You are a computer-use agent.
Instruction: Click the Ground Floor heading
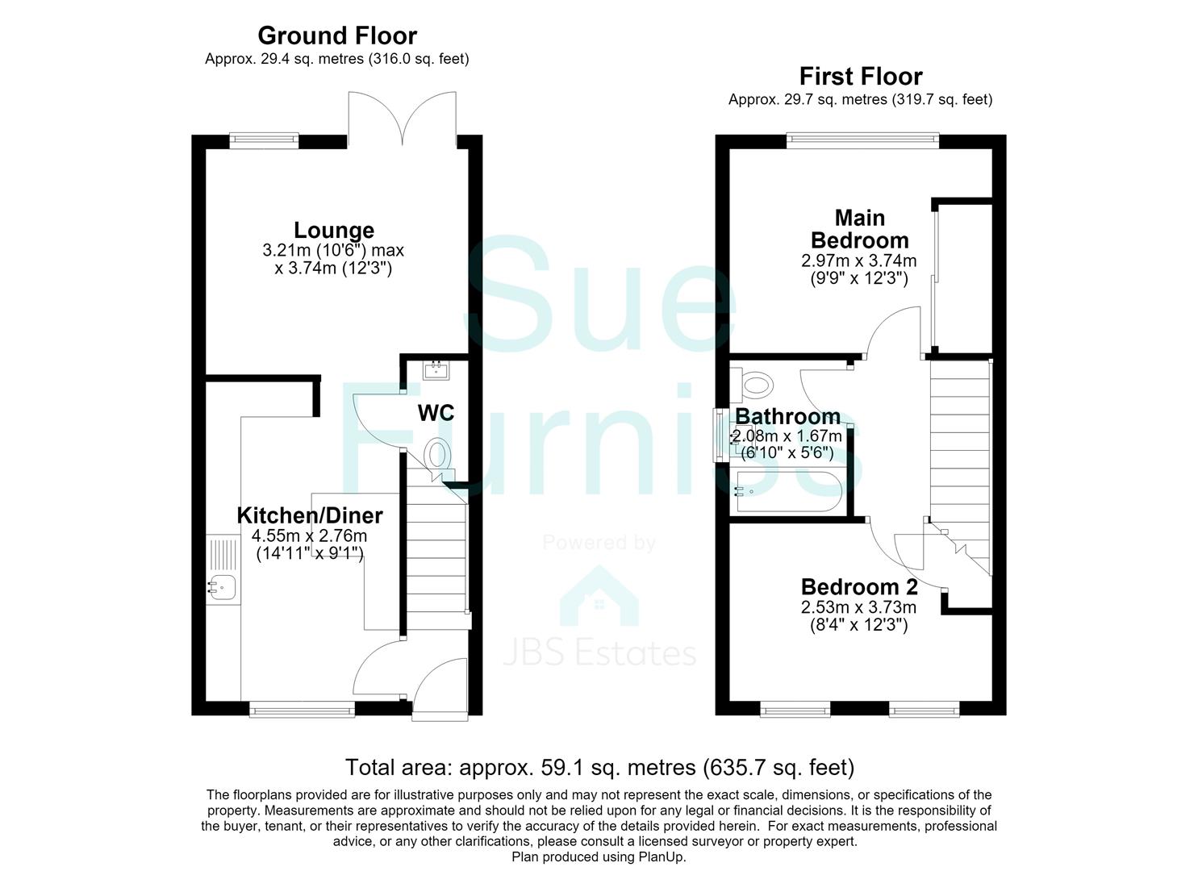point(337,36)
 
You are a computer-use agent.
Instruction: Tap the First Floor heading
point(861,77)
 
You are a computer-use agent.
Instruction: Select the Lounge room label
point(334,231)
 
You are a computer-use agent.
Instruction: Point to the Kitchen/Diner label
point(310,515)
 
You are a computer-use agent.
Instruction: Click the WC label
point(436,413)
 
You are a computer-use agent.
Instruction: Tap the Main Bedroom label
point(860,229)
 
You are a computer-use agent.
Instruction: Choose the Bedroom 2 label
point(859,587)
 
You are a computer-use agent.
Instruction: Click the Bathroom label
point(788,416)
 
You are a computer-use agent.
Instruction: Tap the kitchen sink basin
point(223,588)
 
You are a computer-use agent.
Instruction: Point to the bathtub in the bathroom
point(788,491)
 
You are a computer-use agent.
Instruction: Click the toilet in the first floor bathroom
point(752,385)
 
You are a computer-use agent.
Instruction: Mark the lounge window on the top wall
point(264,140)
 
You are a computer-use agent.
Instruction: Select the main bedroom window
point(862,140)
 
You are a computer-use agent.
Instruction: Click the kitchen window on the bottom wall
point(303,711)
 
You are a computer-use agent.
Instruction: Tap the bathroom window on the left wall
point(718,435)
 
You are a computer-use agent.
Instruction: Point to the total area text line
point(599,767)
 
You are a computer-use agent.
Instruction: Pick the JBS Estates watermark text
point(599,653)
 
